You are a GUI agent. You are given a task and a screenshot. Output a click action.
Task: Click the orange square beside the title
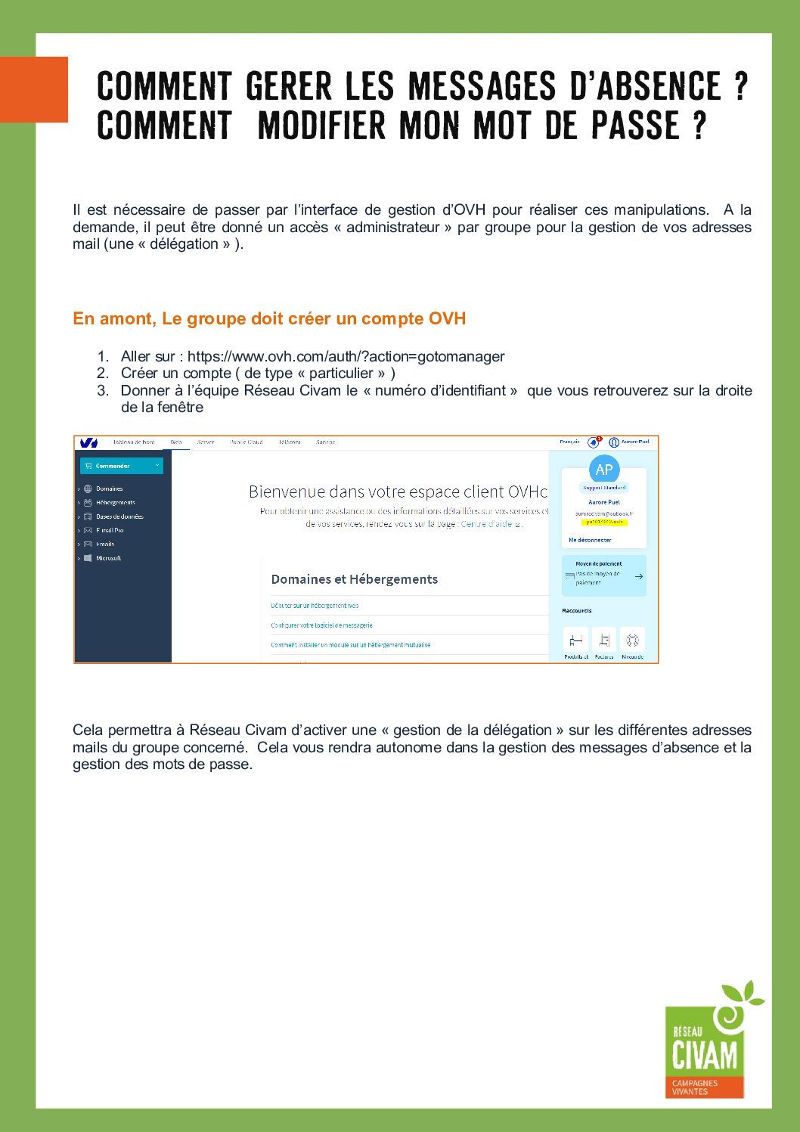point(34,89)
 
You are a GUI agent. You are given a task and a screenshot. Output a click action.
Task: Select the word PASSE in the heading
point(636,126)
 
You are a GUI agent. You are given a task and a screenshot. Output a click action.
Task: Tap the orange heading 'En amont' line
point(269,319)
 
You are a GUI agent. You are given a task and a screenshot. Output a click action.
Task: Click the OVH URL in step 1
point(346,356)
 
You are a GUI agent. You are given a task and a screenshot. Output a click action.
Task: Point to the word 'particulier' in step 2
point(341,374)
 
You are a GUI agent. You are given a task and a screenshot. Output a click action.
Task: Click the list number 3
point(102,390)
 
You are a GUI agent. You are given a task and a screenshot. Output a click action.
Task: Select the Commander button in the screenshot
point(122,466)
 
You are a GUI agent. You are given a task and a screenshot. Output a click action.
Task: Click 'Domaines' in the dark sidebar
point(109,488)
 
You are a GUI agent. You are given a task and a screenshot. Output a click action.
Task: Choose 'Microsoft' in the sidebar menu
point(108,558)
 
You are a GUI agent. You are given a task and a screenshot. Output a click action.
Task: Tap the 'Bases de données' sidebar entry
point(119,516)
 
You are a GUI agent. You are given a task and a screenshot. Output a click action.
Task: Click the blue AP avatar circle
point(603,470)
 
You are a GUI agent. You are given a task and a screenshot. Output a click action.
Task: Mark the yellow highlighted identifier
point(604,522)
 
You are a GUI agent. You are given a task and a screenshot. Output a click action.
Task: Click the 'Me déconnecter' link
point(590,540)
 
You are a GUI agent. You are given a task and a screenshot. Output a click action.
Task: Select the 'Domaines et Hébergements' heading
point(355,579)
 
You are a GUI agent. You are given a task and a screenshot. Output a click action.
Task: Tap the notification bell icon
point(594,442)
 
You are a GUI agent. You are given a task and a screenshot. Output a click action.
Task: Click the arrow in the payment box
point(639,576)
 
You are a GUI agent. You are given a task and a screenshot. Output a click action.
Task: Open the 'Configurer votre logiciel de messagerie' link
point(321,625)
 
